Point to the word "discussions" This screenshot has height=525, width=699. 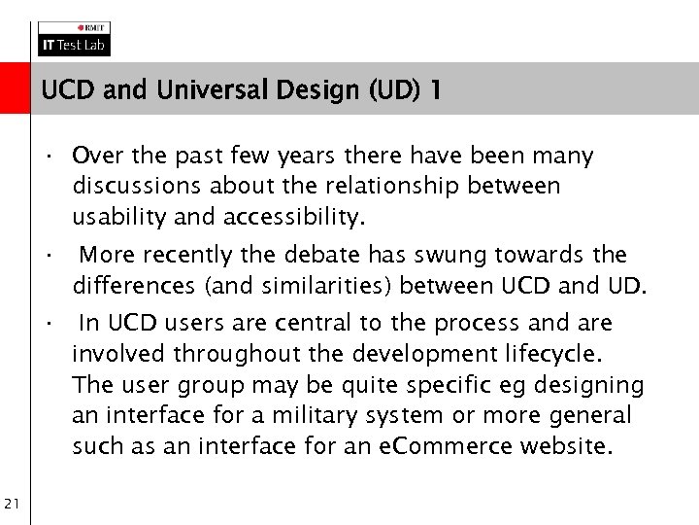click(132, 185)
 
